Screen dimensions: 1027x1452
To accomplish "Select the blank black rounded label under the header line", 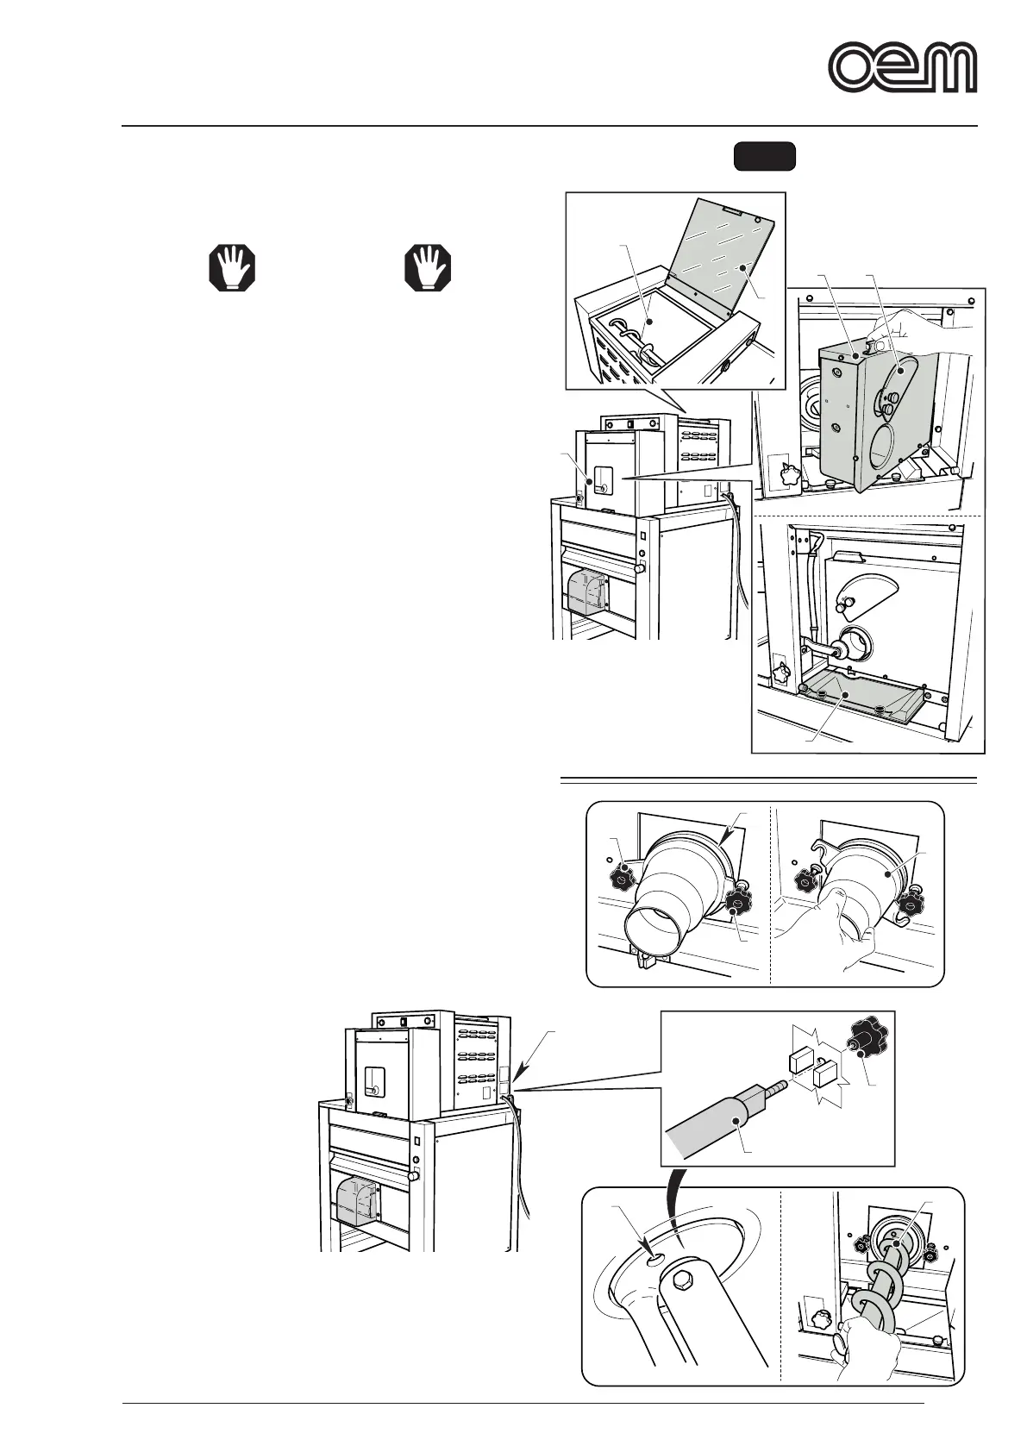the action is (x=764, y=156).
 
